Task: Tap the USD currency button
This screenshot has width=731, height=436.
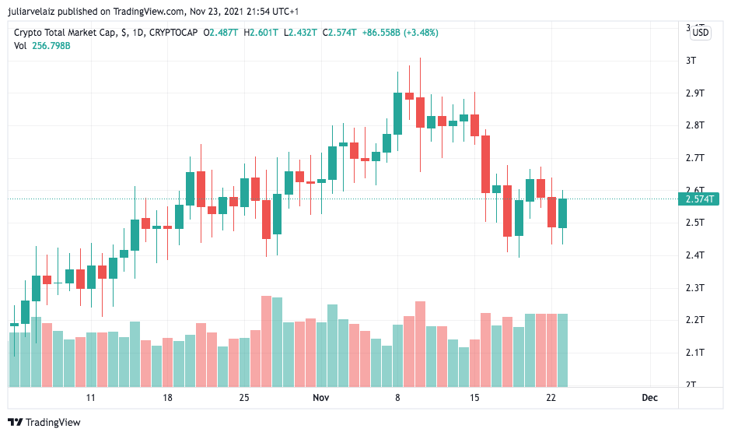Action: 701,32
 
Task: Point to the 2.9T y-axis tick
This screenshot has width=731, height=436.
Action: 694,93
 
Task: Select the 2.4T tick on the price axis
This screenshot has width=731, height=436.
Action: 694,255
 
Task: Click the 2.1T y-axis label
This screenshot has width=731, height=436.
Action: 694,353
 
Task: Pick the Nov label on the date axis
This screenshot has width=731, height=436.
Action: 320,398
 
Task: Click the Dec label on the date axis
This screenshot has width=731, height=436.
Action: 649,398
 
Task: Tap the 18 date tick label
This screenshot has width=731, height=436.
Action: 167,398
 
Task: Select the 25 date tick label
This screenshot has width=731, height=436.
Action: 244,398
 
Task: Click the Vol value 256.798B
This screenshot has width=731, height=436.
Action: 51,46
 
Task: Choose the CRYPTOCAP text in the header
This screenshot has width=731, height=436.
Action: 173,33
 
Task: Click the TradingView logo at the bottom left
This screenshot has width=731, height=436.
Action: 47,423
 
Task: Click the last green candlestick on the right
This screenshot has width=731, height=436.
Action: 562,213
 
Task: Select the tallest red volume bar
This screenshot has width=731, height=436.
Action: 266,341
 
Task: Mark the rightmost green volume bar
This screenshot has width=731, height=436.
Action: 562,350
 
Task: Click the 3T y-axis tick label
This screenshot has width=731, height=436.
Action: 691,61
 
